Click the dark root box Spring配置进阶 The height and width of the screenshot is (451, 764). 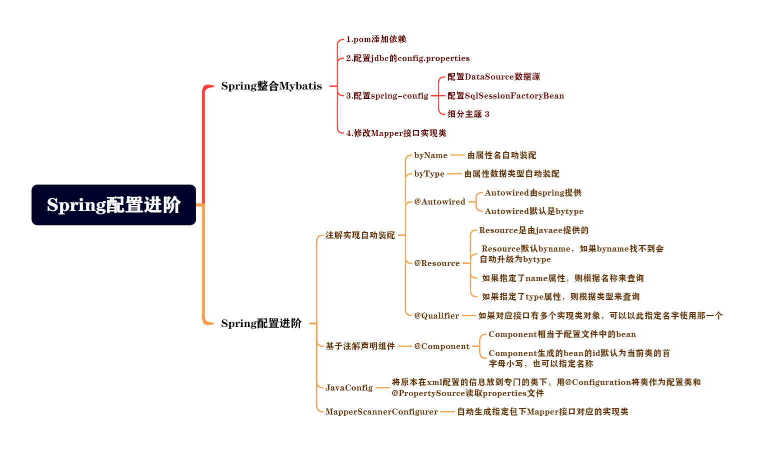coord(114,205)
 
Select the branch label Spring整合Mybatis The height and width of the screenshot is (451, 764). coord(271,86)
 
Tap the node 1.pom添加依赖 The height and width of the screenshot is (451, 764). coord(376,39)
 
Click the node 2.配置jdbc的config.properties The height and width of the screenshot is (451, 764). coord(408,58)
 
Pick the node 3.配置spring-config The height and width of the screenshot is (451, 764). coord(387,95)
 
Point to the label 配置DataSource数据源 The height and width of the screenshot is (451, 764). coord(493,77)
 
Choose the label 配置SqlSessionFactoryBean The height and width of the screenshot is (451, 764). coord(505,95)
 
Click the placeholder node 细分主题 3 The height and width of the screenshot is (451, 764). coord(468,114)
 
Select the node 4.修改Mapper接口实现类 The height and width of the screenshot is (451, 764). coord(396,133)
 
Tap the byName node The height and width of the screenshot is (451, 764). coord(431,155)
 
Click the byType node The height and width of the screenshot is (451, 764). coord(429,174)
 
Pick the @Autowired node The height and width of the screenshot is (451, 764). coord(440,202)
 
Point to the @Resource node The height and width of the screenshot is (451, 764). coord(437,263)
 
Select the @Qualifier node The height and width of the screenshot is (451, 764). coord(437,315)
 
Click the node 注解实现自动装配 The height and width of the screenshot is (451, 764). coord(360,235)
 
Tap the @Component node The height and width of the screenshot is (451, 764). coord(442,346)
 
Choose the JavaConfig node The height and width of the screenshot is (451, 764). coord(349,387)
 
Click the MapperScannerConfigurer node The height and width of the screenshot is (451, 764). coord(382,411)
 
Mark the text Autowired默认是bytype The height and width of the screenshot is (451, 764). coord(534,211)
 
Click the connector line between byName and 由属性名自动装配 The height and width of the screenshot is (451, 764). coord(457,155)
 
